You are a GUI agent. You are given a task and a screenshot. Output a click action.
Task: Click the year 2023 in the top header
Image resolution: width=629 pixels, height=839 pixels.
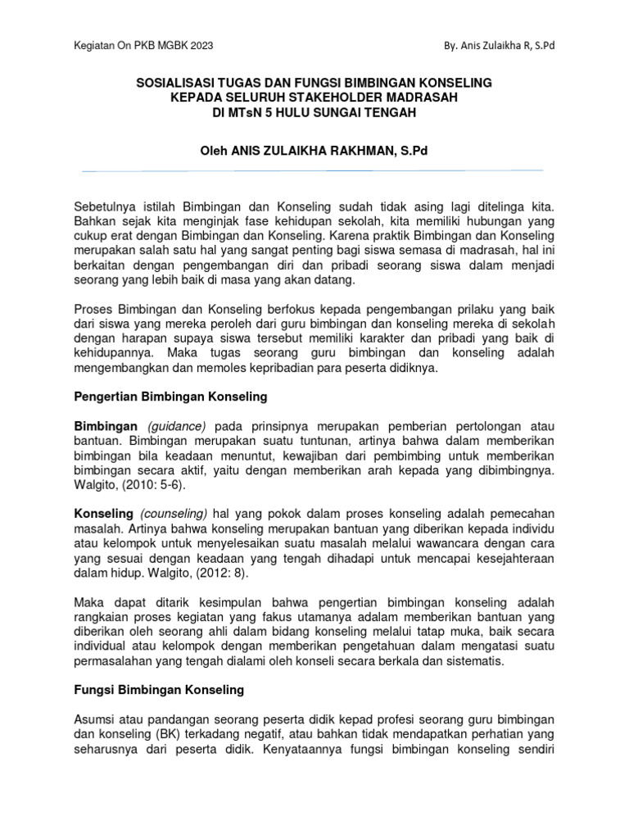coord(201,46)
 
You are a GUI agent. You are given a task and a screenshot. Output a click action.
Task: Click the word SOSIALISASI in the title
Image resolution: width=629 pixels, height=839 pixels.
coord(174,84)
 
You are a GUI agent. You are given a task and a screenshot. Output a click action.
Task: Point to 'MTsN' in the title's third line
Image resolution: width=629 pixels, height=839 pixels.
coord(247,113)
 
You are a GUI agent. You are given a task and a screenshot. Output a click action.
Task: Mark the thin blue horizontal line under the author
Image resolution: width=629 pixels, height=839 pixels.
coord(314,170)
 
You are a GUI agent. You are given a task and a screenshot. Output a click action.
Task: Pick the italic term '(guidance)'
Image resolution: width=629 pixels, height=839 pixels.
coord(178,427)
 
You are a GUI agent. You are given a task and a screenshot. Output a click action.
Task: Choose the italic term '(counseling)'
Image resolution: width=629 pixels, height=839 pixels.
coord(173,514)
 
